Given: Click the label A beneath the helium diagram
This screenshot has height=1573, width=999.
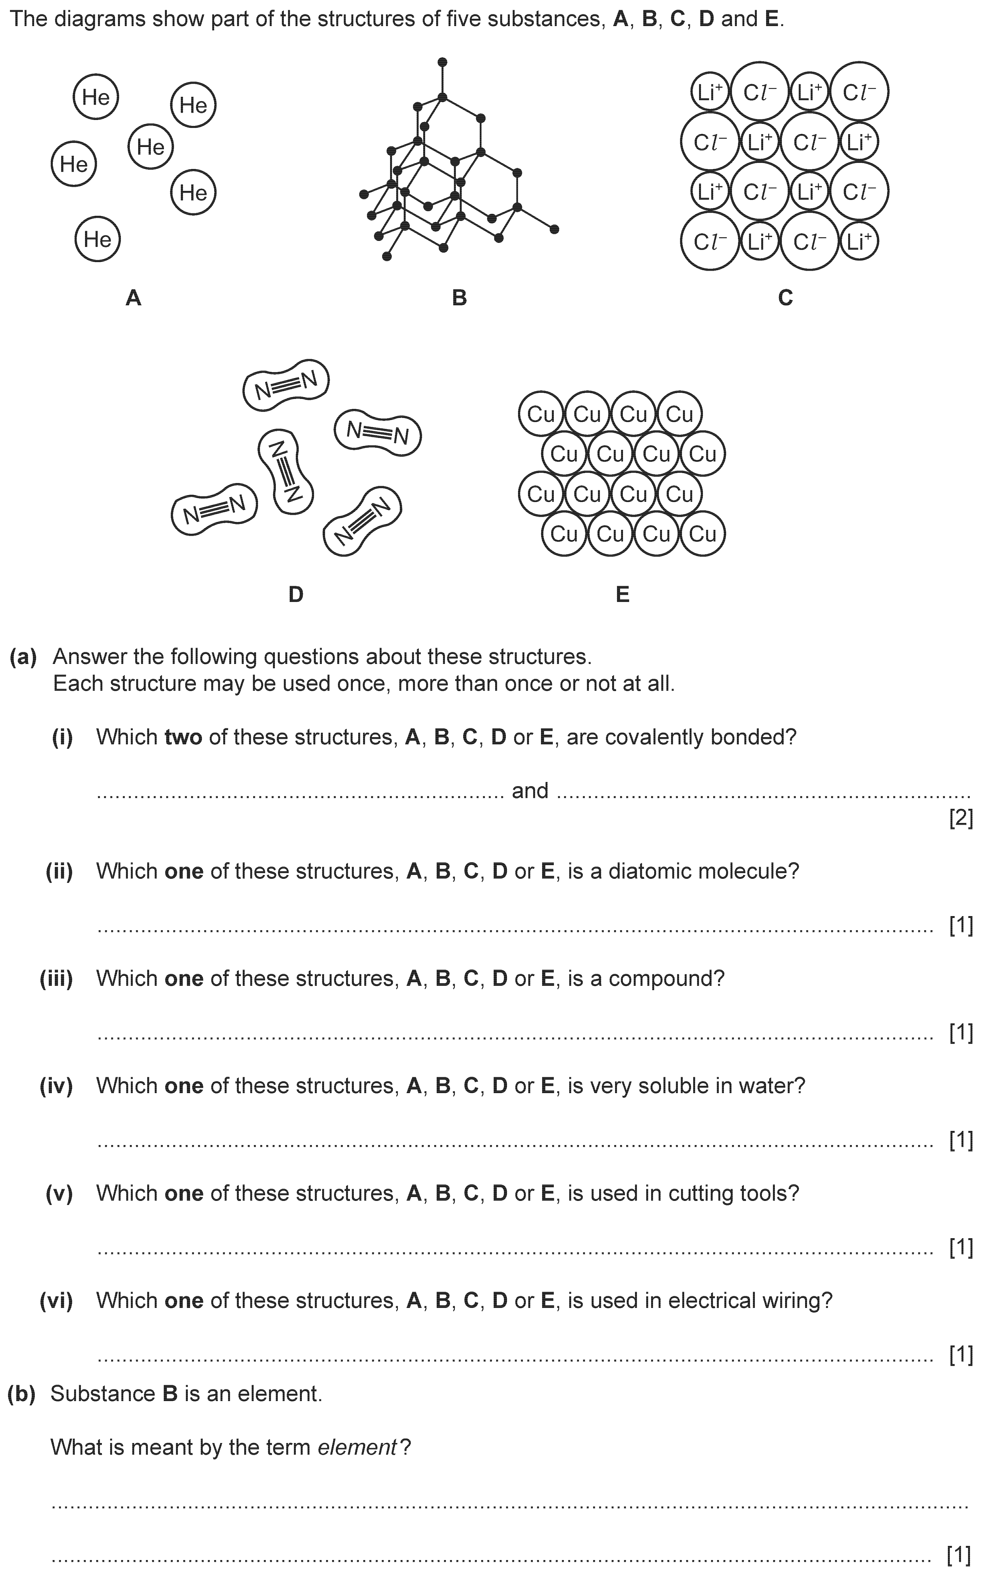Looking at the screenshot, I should [x=133, y=298].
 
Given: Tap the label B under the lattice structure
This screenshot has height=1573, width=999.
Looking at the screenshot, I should [x=459, y=298].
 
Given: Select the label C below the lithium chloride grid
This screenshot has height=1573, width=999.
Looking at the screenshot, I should [x=785, y=298].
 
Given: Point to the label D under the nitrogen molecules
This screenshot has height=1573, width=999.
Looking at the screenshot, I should [x=296, y=594].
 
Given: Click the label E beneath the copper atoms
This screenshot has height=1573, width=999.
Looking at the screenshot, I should [x=622, y=594].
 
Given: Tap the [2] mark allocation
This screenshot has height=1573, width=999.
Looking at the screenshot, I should [x=961, y=819].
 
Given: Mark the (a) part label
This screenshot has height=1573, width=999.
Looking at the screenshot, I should [x=23, y=656].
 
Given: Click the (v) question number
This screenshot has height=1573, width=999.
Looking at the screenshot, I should [x=59, y=1194].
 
